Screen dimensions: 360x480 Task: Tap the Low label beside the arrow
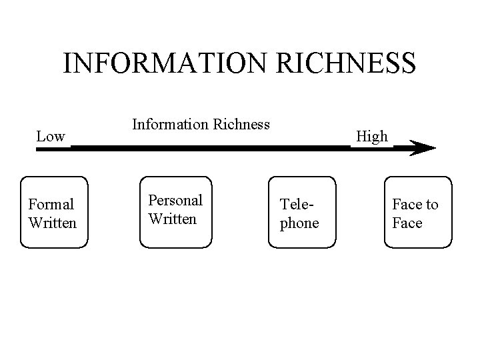[51, 137]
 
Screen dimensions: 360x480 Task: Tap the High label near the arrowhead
[371, 137]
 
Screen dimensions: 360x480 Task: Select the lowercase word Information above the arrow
[170, 123]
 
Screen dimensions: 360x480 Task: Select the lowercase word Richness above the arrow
[240, 123]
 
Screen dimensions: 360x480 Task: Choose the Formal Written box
[54, 213]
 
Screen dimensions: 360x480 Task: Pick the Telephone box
[301, 213]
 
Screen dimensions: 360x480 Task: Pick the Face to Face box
[419, 213]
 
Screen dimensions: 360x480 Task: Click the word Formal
[52, 205]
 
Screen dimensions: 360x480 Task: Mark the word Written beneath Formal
[53, 223]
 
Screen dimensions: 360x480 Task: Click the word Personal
[175, 201]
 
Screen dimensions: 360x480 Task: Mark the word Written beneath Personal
[173, 219]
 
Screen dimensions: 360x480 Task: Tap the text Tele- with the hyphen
[295, 205]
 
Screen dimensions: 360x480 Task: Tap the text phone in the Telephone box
[299, 223]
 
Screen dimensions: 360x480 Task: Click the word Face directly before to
[407, 205]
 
